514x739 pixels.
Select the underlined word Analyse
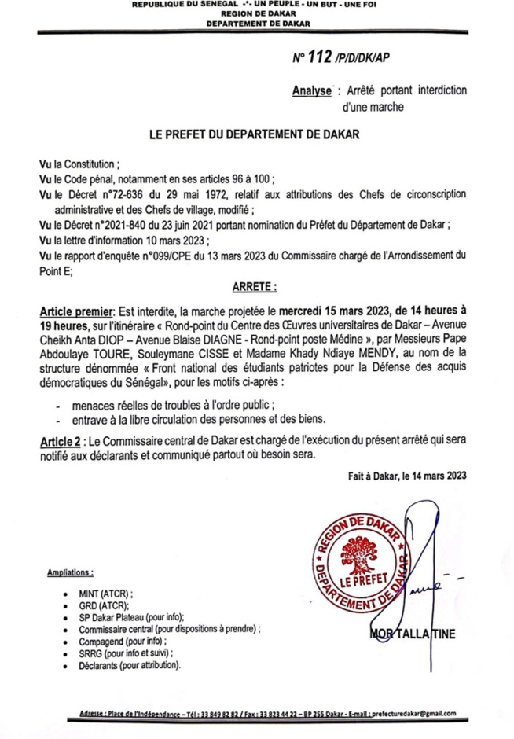[x=311, y=91]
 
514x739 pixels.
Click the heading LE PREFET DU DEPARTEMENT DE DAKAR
[x=254, y=134]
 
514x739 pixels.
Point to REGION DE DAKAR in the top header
[x=257, y=14]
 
